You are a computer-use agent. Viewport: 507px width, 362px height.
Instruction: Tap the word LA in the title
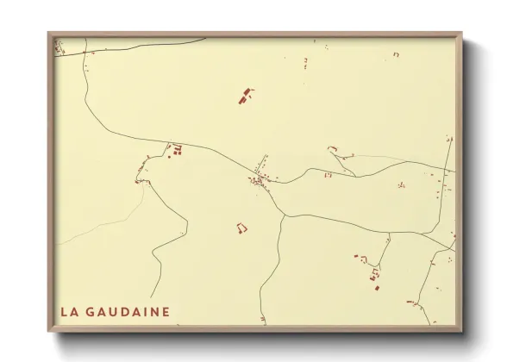point(69,311)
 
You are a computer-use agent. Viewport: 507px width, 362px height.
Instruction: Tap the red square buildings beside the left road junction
point(178,151)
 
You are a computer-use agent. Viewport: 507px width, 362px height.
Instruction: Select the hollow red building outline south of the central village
point(241,228)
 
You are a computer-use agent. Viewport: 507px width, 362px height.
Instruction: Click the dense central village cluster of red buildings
point(258,179)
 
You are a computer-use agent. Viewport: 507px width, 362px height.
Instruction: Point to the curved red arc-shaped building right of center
point(332,149)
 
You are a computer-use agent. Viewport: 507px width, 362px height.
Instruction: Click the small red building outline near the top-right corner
point(396,54)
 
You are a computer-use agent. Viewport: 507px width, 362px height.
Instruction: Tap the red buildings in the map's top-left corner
point(59,47)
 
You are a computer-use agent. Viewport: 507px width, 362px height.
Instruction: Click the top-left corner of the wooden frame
point(49,34)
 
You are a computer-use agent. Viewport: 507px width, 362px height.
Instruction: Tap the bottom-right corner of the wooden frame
point(461,331)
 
